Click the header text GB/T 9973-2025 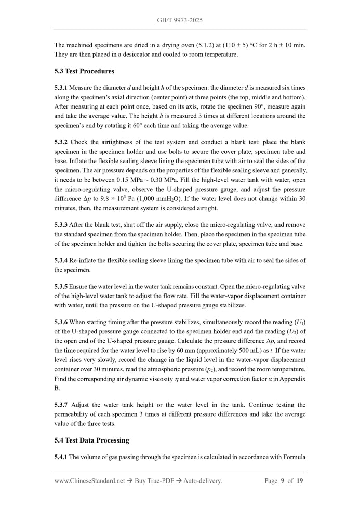180,20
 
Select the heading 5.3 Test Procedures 84,71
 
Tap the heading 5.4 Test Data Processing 91,440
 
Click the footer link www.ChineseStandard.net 89,481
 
